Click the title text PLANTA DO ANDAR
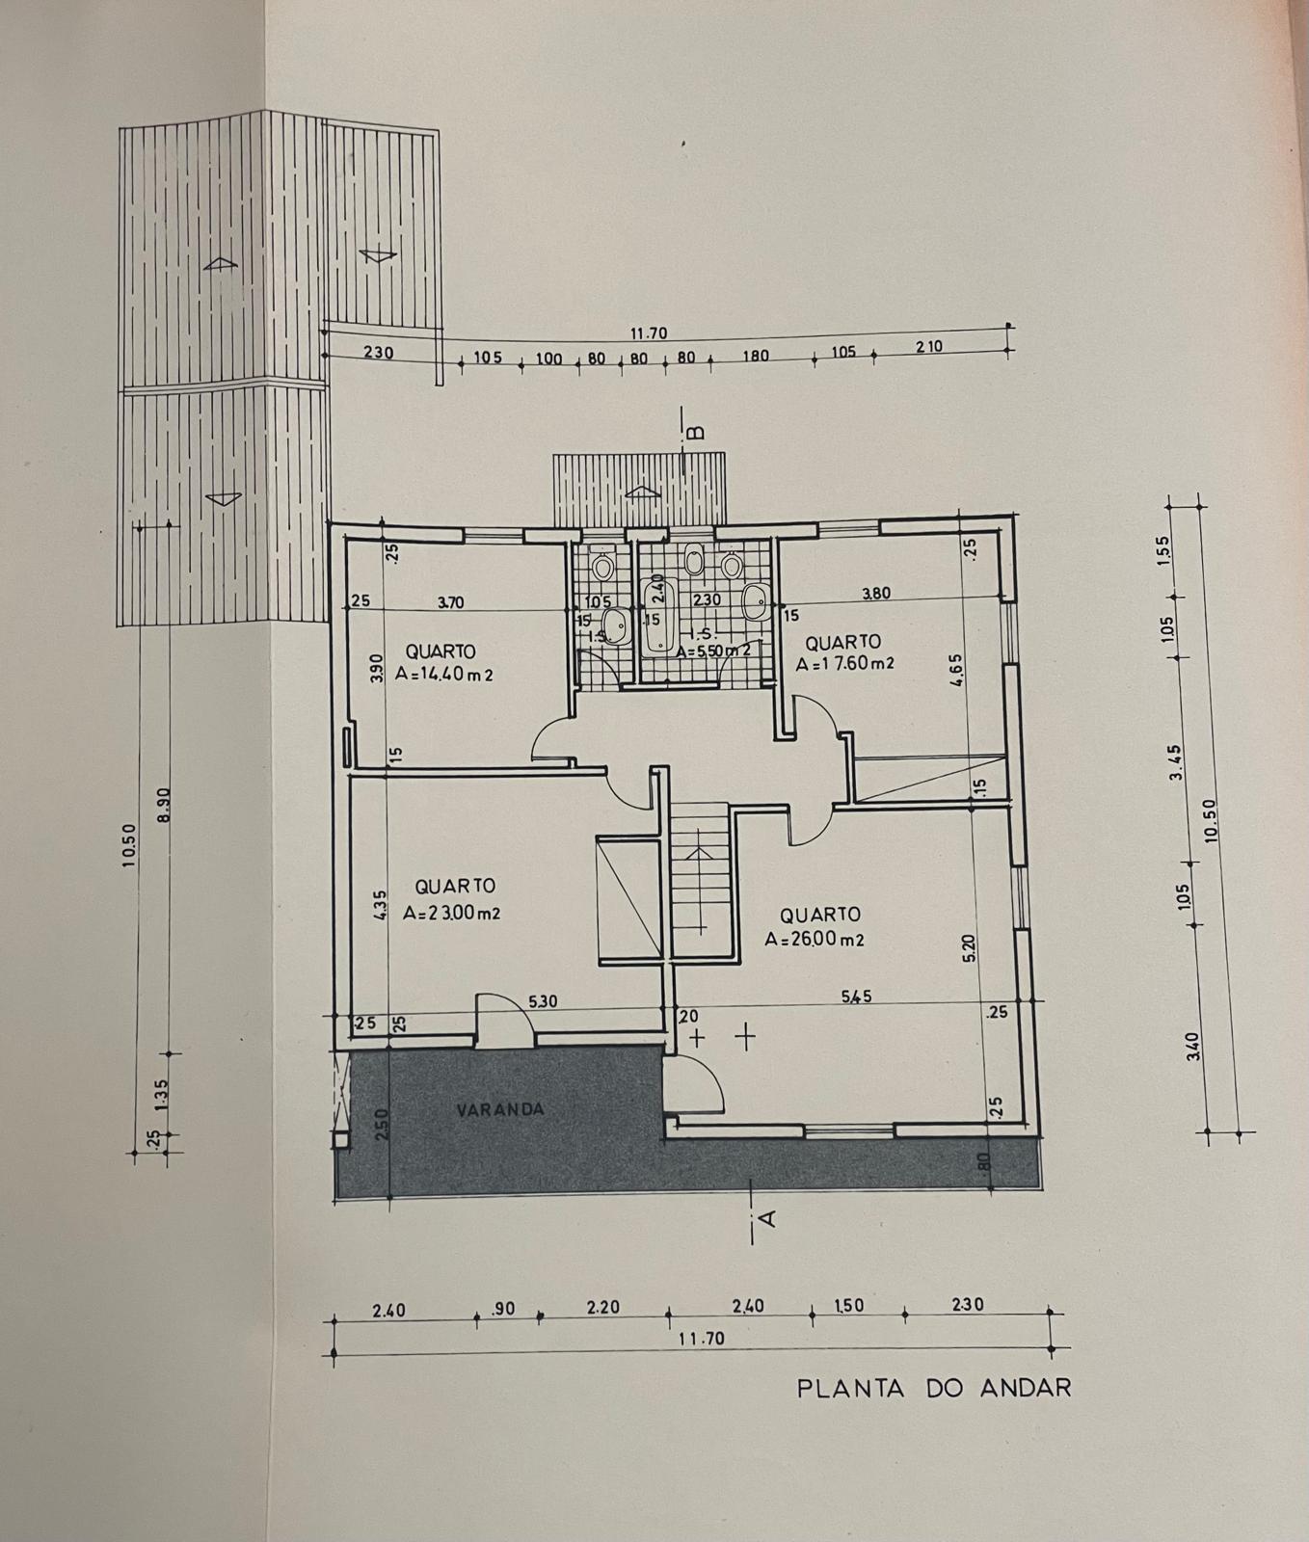(933, 1388)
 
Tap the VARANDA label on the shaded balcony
(499, 1109)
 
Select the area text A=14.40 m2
(444, 675)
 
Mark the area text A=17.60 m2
(845, 664)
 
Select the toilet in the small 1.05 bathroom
(603, 567)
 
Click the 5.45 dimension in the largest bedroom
(856, 997)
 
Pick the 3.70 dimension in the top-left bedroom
(450, 602)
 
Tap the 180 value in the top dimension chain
(755, 356)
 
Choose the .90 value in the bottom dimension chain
(504, 1309)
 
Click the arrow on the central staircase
(697, 853)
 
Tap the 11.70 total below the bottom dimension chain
(701, 1339)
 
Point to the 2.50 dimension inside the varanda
(382, 1124)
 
